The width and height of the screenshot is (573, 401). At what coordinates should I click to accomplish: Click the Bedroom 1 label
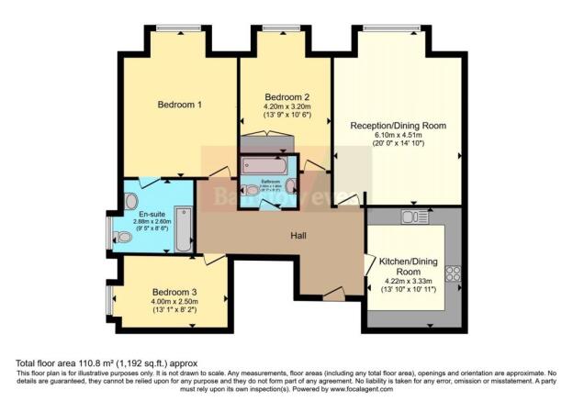180,105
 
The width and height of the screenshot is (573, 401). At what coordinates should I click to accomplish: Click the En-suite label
152,214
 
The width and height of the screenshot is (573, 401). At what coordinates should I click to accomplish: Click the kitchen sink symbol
410,217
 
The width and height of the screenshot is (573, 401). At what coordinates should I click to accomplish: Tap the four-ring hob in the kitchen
452,273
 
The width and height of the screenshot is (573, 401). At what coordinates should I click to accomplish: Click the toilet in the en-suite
125,237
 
